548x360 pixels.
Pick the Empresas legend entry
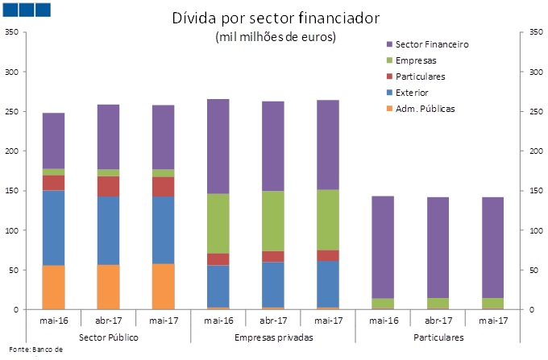pyautogui.click(x=418, y=60)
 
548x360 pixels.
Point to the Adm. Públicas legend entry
pyautogui.click(x=426, y=109)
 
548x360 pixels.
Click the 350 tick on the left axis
pyautogui.click(x=11, y=32)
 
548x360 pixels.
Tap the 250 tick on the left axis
pyautogui.click(x=11, y=112)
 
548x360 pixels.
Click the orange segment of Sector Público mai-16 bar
pyautogui.click(x=53, y=288)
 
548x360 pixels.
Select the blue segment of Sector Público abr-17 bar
pyautogui.click(x=108, y=230)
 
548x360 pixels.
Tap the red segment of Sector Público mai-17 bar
pyautogui.click(x=163, y=186)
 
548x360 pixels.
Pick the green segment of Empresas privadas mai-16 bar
pyautogui.click(x=218, y=223)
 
